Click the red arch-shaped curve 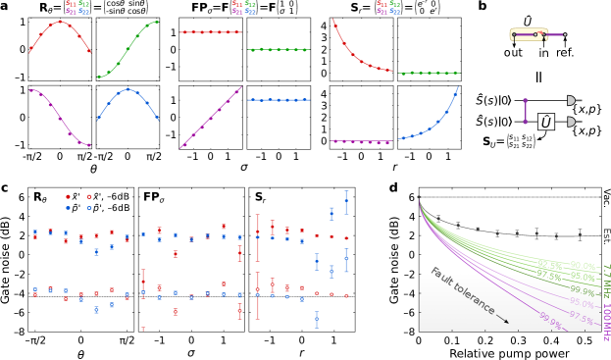point(60,23)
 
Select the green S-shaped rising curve point(127,48)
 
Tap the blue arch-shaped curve point(127,91)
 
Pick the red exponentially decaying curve point(357,55)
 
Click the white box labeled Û point(546,122)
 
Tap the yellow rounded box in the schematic point(528,34)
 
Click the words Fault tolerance point(462,291)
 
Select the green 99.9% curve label point(582,291)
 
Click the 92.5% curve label point(548,265)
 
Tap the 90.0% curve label point(583,265)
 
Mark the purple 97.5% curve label point(581,316)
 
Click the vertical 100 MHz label point(605,323)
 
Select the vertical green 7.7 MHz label point(605,281)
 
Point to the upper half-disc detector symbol point(571,100)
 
